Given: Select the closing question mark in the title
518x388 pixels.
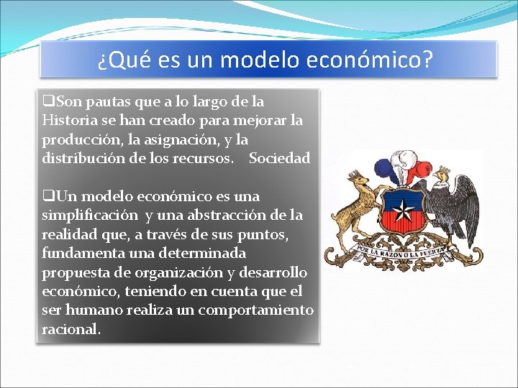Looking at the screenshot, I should (428, 60).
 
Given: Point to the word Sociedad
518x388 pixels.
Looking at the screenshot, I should (279, 158).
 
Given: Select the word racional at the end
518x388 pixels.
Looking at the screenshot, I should (71, 330).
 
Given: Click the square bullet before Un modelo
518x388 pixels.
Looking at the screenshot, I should (47, 196).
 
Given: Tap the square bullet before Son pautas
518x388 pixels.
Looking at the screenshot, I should (47, 101).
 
